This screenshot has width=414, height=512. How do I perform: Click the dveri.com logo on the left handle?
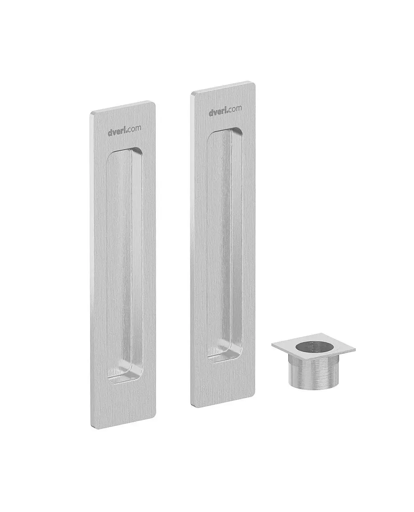(x=125, y=131)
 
